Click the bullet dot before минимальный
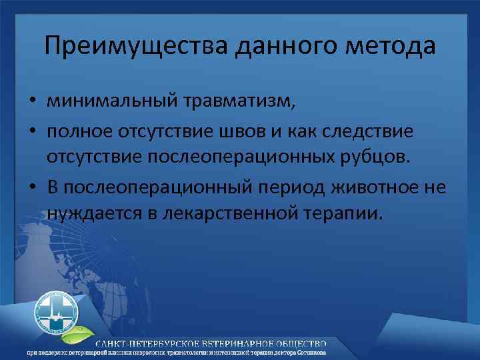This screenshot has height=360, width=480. point(33,103)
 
